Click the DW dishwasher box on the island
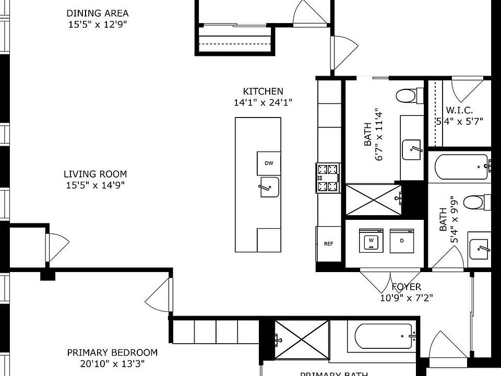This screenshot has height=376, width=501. [x=269, y=163]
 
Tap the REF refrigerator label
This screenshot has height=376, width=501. [x=328, y=244]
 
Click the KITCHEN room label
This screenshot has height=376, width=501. [x=263, y=91]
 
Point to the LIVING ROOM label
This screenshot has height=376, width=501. [x=95, y=174]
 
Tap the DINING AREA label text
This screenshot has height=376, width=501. [x=97, y=13]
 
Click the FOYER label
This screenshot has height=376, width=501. [x=406, y=287]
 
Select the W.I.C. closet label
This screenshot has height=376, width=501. [x=459, y=110]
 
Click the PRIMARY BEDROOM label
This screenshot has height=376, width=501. [x=112, y=352]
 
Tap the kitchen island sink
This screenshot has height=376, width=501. [x=269, y=187]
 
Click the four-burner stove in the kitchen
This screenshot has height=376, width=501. [x=328, y=178]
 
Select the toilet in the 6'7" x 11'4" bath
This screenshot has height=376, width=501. [x=407, y=96]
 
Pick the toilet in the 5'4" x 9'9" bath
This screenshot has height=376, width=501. [x=475, y=201]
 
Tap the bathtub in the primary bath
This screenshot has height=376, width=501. [x=381, y=336]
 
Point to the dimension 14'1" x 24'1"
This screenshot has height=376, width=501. [x=263, y=103]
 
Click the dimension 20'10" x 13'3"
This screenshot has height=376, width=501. [x=112, y=364]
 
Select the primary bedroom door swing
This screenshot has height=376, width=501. [x=158, y=295]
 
